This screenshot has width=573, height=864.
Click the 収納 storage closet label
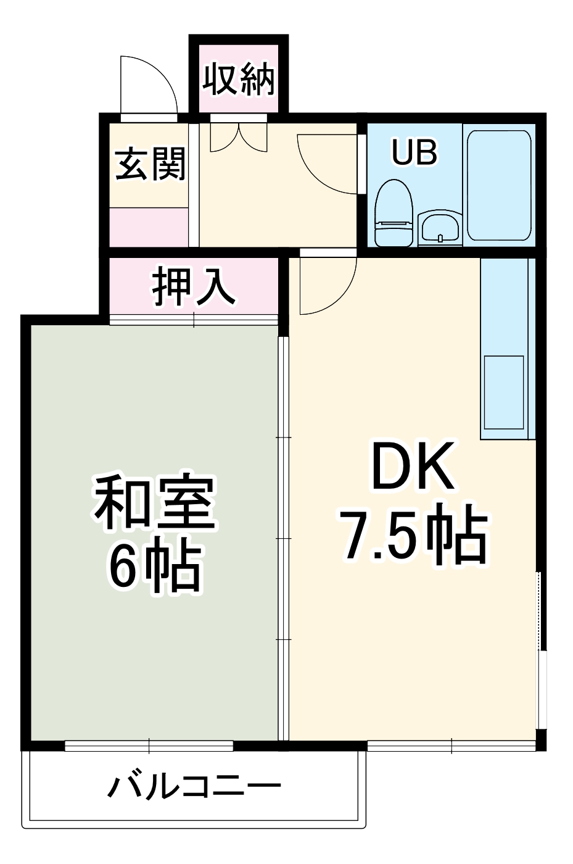(x=239, y=79)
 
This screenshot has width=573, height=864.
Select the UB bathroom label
(x=414, y=152)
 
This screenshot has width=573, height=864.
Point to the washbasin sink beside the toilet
(x=439, y=228)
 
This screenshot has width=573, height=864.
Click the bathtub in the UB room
(x=499, y=185)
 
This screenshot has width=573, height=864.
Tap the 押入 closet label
(x=194, y=287)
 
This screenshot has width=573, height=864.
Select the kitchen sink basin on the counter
(x=504, y=392)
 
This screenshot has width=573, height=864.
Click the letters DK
(x=413, y=466)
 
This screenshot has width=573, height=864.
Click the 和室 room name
(x=154, y=503)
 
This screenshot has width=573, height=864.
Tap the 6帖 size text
(x=154, y=565)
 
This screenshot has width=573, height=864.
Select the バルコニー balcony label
(x=194, y=787)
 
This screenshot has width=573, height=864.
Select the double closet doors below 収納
(x=239, y=136)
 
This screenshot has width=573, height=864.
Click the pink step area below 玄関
(x=149, y=226)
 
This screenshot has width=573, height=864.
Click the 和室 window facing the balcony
(x=149, y=746)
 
